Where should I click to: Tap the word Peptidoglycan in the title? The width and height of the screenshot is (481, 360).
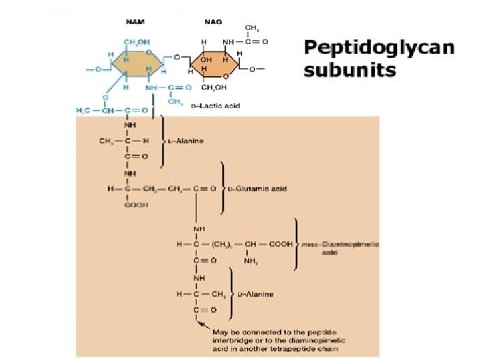tap(379, 49)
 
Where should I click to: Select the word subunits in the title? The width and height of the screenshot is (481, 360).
tap(349, 70)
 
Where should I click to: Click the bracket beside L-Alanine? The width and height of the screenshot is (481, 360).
tap(163, 141)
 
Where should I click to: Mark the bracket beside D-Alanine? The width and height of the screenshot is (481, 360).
tap(231, 293)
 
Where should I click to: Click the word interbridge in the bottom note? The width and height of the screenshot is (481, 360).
tap(230, 339)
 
